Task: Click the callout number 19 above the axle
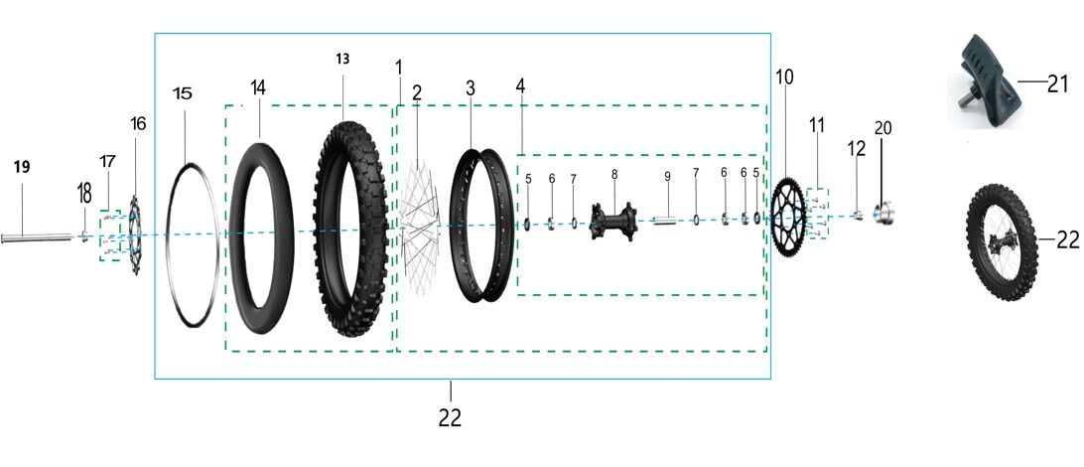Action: click(22, 167)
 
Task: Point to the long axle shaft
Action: click(38, 238)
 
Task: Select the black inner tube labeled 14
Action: click(261, 238)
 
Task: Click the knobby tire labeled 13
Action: click(351, 229)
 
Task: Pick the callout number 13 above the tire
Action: click(342, 59)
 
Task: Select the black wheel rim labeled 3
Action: click(481, 226)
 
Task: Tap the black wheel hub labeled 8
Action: click(613, 221)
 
